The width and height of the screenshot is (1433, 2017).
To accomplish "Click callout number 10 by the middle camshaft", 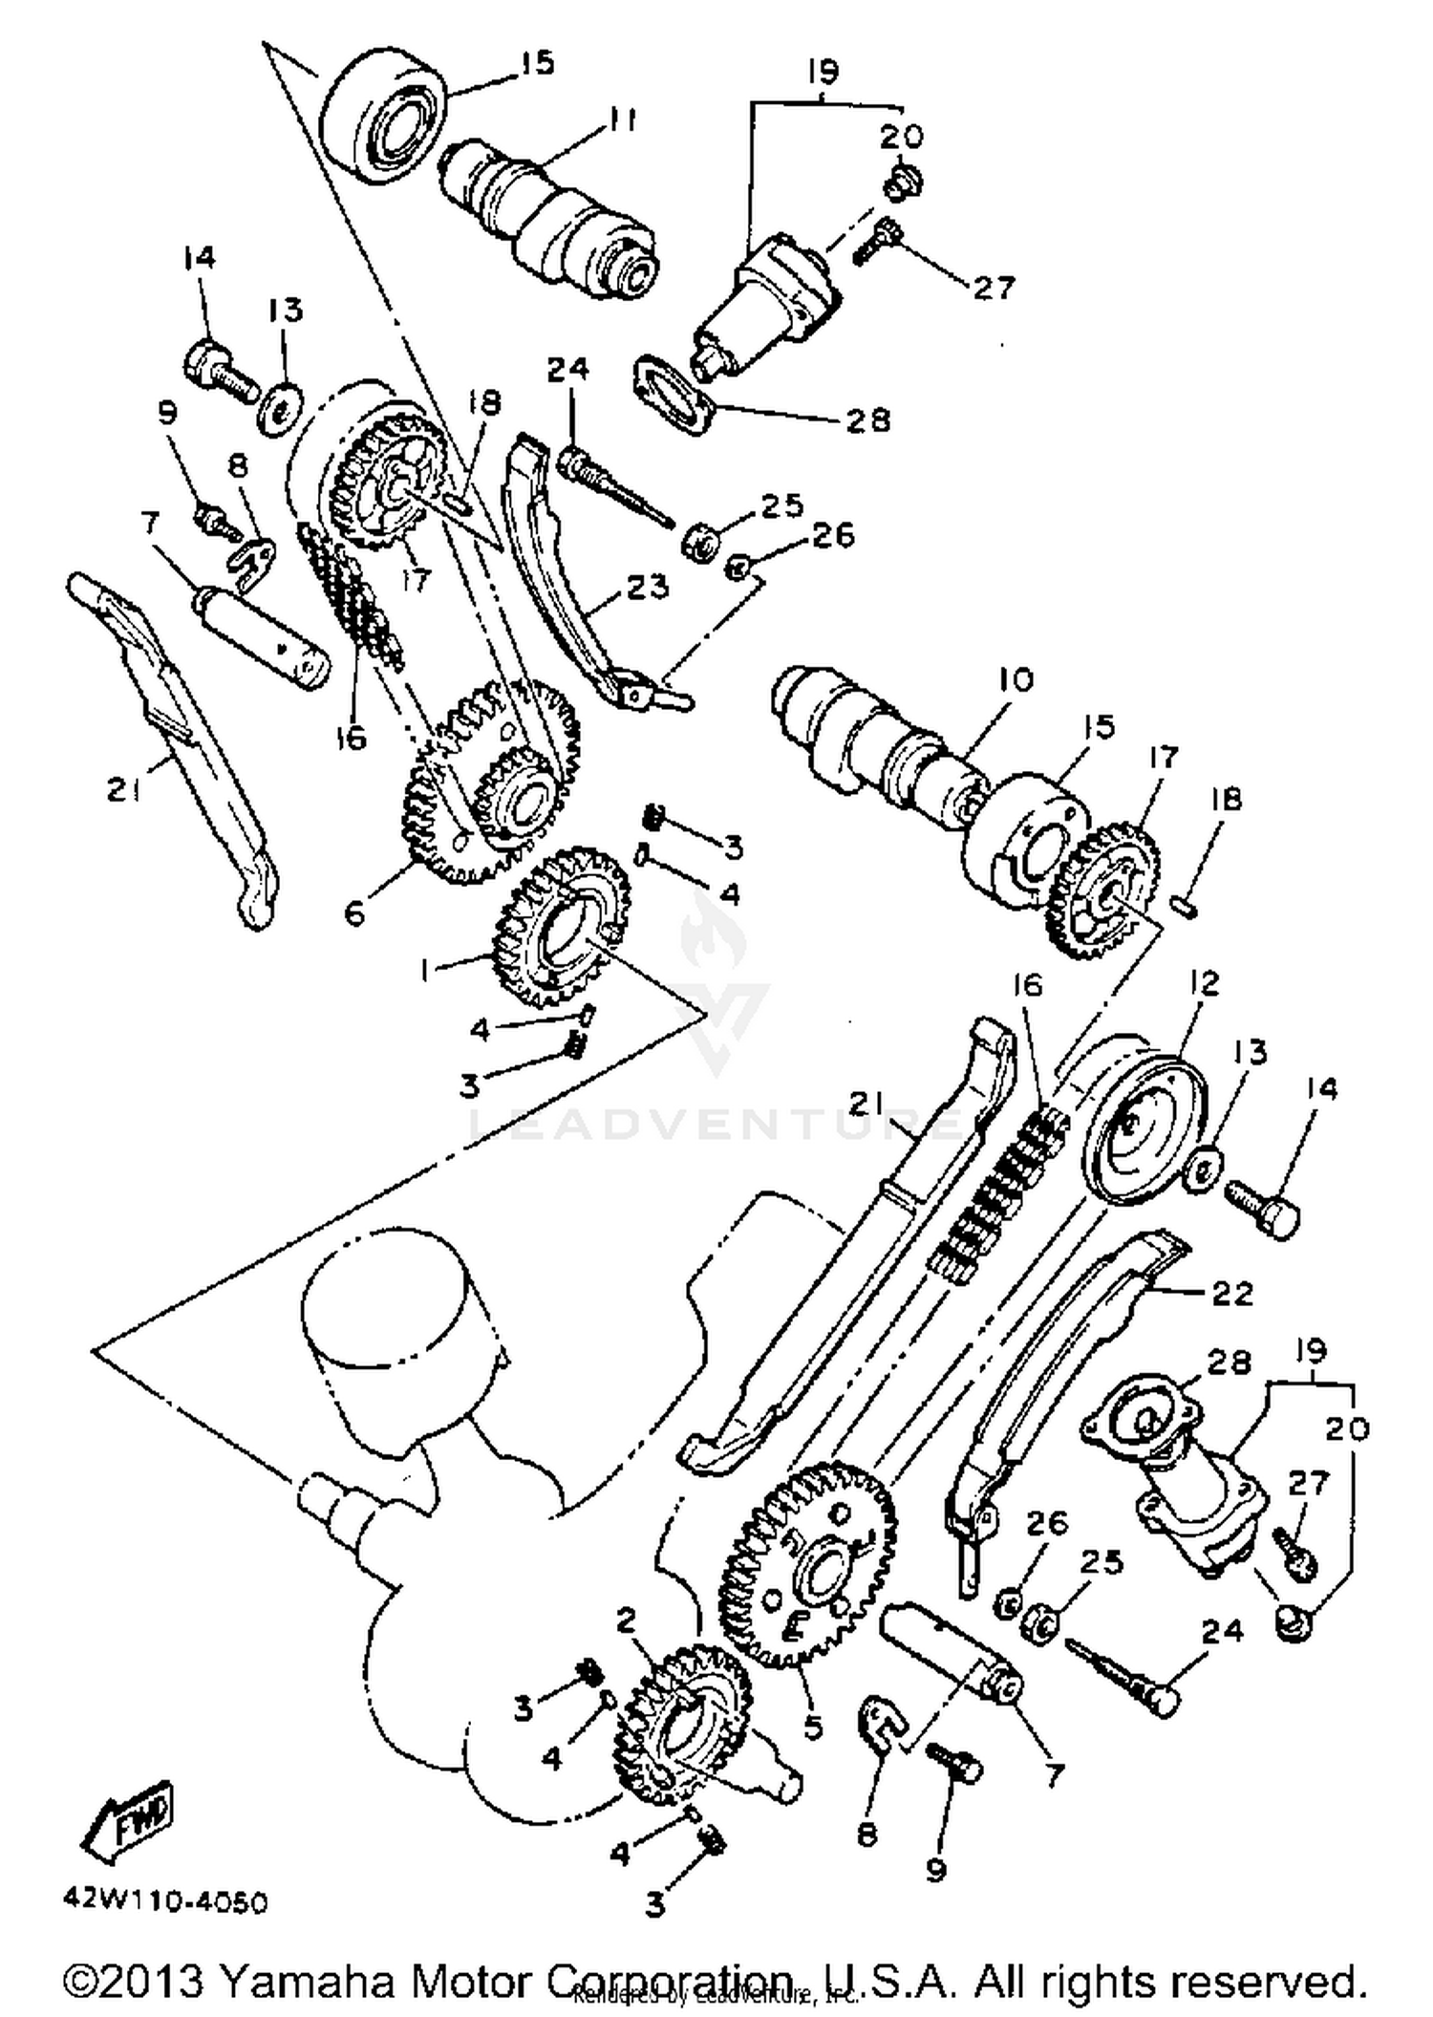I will pos(1016,679).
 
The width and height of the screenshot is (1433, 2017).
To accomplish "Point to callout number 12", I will pos(1205,982).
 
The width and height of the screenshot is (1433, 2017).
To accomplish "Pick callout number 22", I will pos(1231,1294).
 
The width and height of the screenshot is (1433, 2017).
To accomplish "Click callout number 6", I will pos(354,914).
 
